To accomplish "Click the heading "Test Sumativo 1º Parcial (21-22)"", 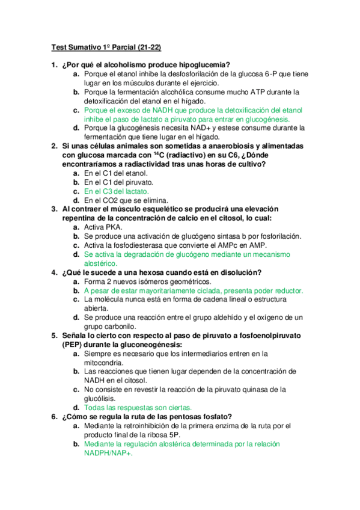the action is [x=106, y=46].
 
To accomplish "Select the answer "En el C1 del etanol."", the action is [x=117, y=173].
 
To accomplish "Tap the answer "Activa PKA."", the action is [x=103, y=227].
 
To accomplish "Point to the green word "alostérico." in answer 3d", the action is [x=100, y=263].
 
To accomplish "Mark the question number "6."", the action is [x=54, y=417].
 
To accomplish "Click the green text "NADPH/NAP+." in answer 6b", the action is [x=108, y=453].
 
